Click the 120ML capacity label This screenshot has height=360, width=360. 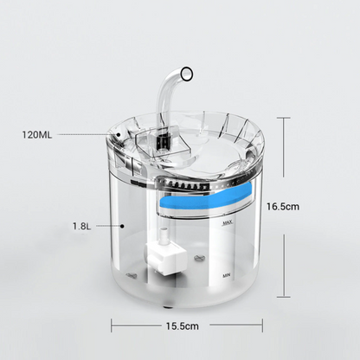[x=37, y=135]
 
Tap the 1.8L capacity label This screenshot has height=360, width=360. [x=81, y=226]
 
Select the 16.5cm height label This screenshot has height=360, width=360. [x=283, y=206]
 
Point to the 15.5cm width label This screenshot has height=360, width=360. [x=183, y=326]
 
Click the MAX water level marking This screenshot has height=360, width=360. [x=228, y=222]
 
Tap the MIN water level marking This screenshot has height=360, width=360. [x=227, y=276]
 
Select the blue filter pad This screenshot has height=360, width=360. [x=207, y=196]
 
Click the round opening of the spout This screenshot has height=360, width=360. [x=187, y=74]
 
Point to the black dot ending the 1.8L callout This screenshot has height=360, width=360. [x=122, y=226]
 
